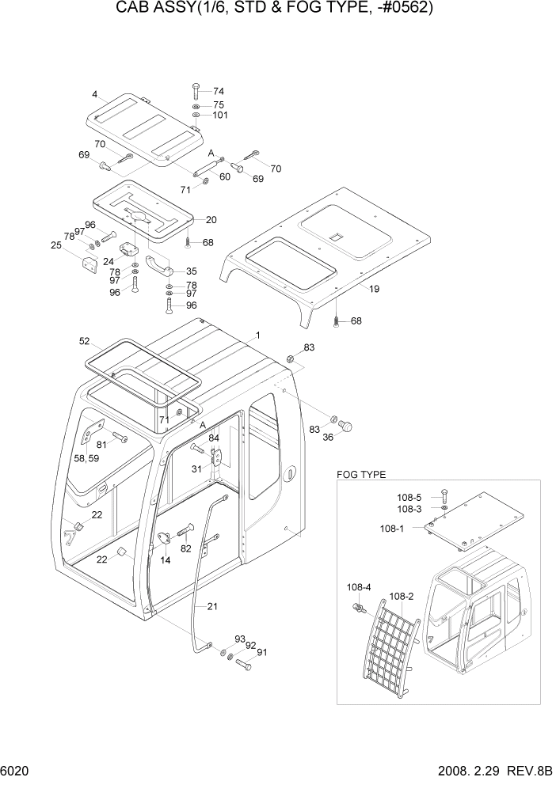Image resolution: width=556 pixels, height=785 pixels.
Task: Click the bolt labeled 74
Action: pyautogui.click(x=196, y=89)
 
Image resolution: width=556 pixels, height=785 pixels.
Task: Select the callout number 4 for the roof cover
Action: pyautogui.click(x=94, y=94)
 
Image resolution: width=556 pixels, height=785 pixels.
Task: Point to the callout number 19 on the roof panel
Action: pyautogui.click(x=374, y=289)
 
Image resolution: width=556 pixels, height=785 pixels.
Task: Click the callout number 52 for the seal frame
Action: pyautogui.click(x=85, y=341)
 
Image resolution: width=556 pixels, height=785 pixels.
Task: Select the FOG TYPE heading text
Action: pyautogui.click(x=360, y=475)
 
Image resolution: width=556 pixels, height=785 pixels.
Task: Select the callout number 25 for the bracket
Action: pyautogui.click(x=55, y=245)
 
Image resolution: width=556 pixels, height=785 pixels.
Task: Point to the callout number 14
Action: pyautogui.click(x=165, y=560)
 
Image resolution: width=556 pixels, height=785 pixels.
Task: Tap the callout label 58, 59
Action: pyautogui.click(x=87, y=458)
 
